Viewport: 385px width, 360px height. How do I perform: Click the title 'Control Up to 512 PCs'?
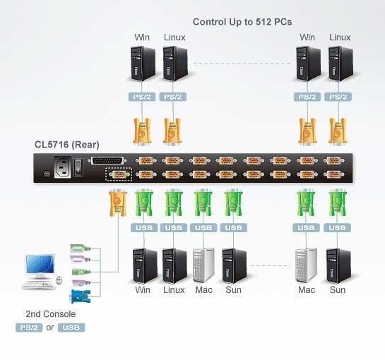click(x=242, y=22)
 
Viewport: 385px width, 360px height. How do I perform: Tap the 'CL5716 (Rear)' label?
click(x=67, y=145)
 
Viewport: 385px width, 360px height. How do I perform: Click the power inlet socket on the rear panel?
click(x=62, y=167)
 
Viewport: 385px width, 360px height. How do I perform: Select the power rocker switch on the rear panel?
click(x=78, y=167)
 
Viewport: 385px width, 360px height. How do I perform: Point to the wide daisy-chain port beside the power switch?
click(x=107, y=161)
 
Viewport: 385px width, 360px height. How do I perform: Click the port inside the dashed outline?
click(x=119, y=174)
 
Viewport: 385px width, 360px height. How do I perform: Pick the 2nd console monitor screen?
click(x=40, y=264)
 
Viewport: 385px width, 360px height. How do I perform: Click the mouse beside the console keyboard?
click(x=59, y=280)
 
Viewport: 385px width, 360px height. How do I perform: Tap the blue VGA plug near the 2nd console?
click(x=81, y=296)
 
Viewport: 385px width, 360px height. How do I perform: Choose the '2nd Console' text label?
click(x=51, y=314)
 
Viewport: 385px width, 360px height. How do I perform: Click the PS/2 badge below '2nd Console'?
click(x=29, y=328)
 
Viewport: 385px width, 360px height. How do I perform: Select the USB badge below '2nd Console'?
click(x=71, y=328)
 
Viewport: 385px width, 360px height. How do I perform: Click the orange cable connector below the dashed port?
click(x=118, y=203)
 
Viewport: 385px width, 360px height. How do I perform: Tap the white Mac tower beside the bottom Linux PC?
click(x=203, y=265)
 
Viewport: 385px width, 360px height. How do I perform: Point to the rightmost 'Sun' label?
click(x=338, y=290)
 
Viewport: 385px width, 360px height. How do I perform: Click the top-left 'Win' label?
click(x=142, y=37)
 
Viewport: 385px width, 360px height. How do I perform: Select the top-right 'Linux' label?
click(x=340, y=37)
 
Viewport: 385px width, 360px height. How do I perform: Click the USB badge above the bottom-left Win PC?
click(x=144, y=228)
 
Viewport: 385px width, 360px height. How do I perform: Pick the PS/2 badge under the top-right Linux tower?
click(x=338, y=97)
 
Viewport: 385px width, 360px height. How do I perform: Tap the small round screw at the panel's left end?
click(x=47, y=174)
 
